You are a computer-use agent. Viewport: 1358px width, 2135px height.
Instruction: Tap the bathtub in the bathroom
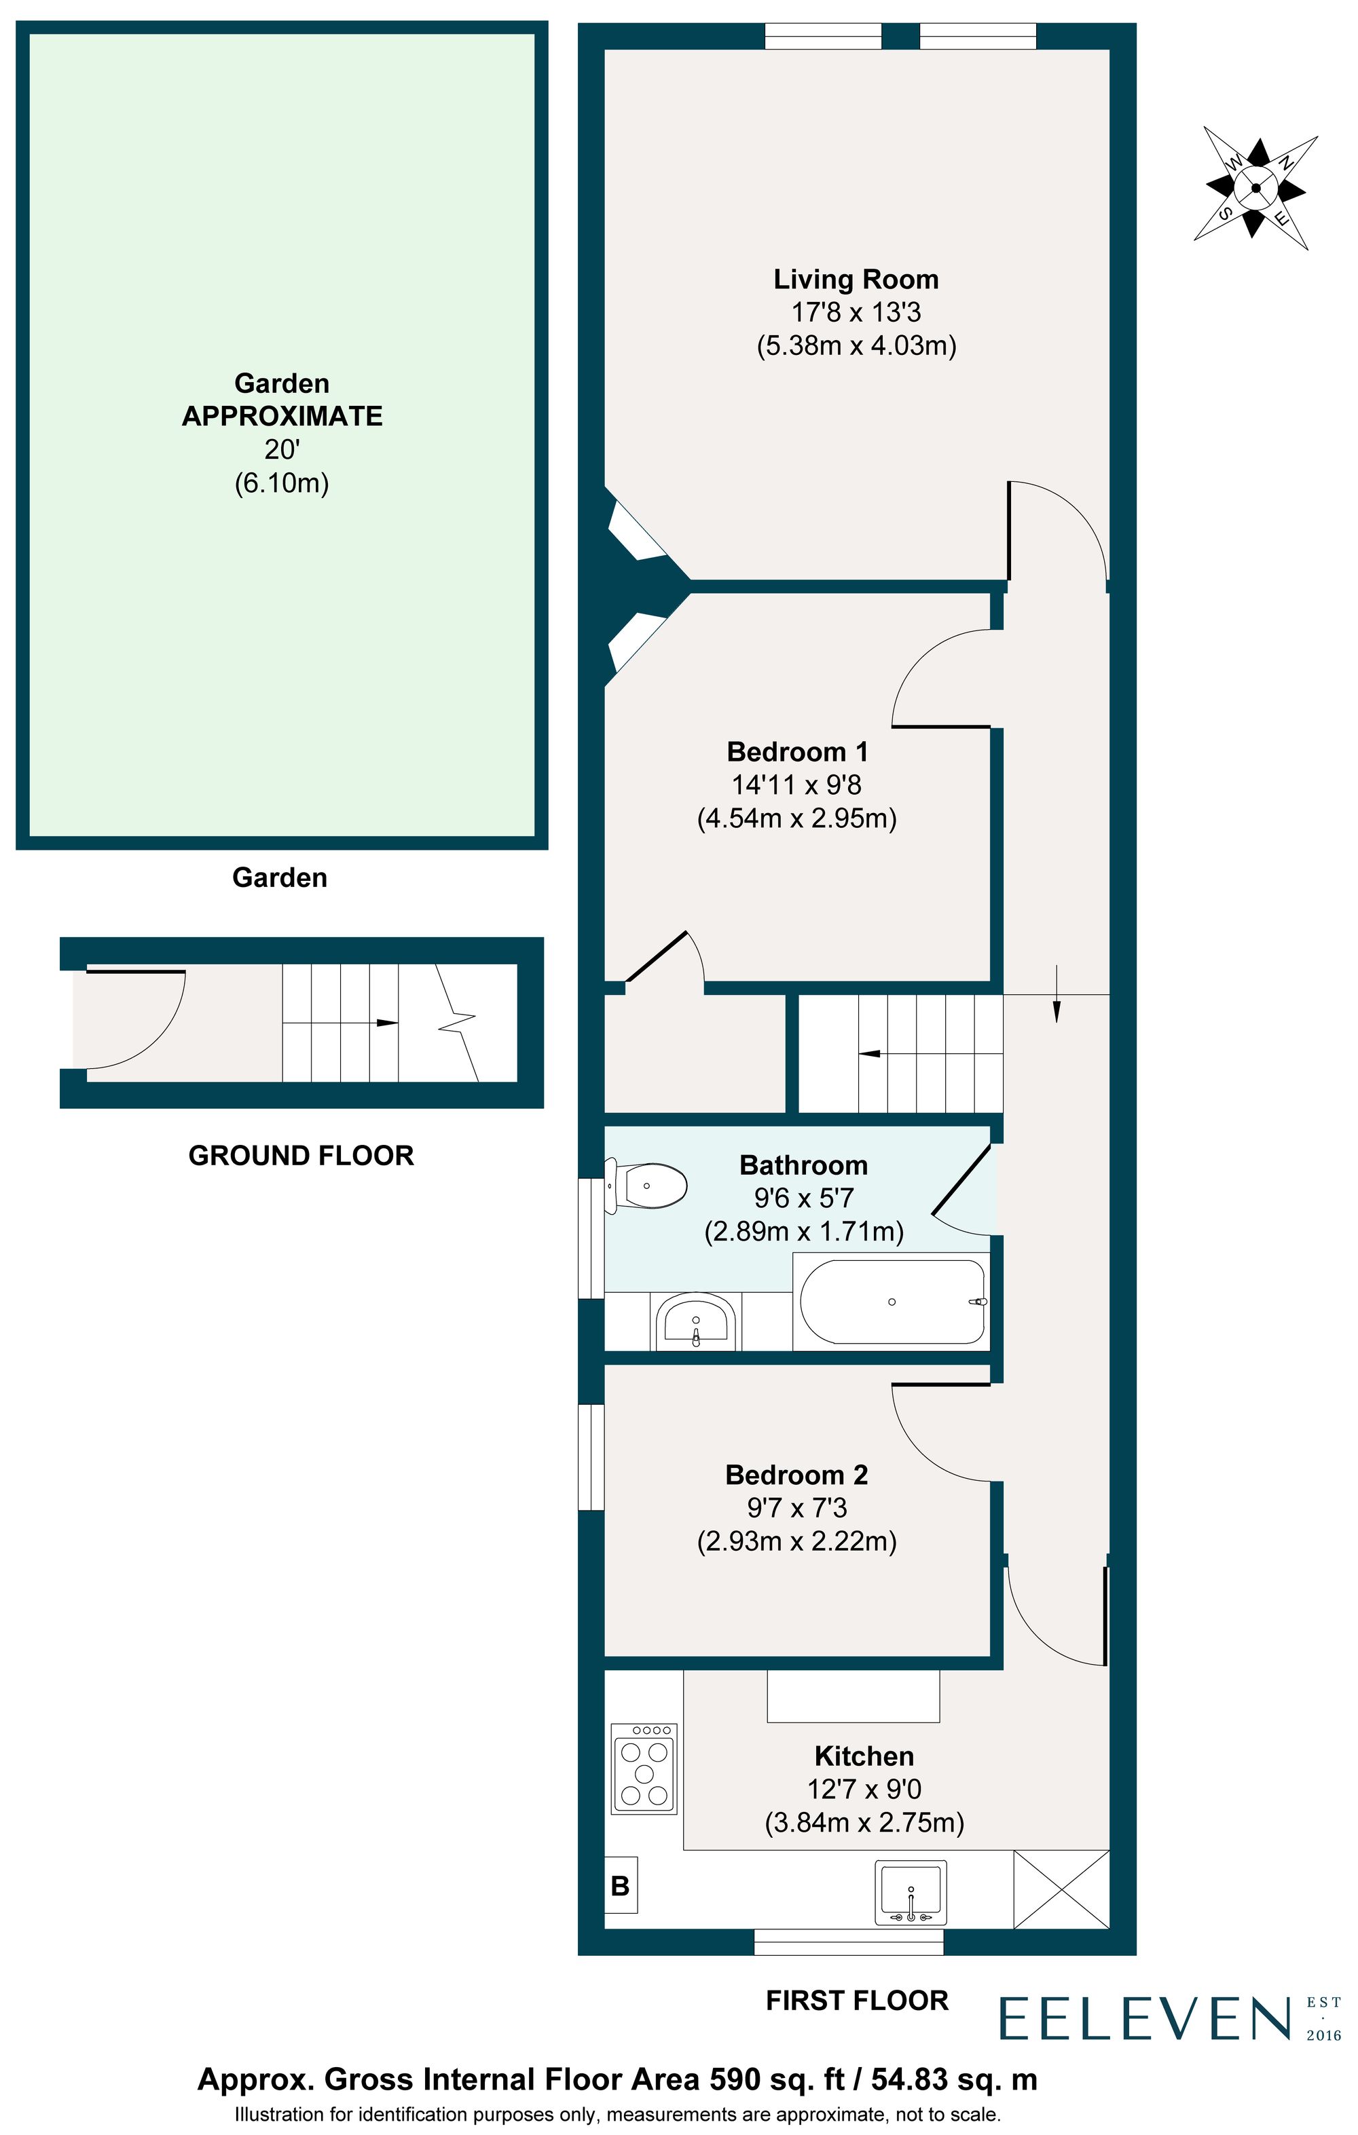(x=892, y=1302)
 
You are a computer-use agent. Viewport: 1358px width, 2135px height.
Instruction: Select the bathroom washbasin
(x=695, y=1322)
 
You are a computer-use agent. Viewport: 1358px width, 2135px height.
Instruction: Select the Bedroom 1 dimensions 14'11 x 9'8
(x=796, y=785)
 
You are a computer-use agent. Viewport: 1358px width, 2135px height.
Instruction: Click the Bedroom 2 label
(x=796, y=1475)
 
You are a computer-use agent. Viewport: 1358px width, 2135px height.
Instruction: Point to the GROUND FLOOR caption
(x=301, y=1155)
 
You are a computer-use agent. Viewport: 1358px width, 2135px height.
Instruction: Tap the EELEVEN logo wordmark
(x=1144, y=2019)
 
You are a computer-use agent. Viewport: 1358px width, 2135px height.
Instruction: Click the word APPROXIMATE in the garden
(x=282, y=416)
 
